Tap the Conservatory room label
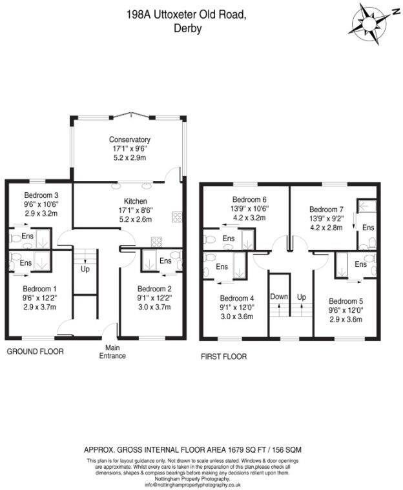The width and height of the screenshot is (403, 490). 129,139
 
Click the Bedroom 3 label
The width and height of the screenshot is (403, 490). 41,196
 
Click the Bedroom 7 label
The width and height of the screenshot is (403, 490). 327,210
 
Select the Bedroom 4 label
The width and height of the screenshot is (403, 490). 237,299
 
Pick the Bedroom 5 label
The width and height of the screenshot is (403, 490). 346,301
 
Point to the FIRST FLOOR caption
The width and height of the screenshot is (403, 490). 223,356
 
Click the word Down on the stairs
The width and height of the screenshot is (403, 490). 279,297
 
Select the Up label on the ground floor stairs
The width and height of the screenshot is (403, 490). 85,268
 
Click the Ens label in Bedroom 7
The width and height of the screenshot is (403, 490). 367,228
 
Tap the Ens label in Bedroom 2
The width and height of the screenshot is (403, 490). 165,261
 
